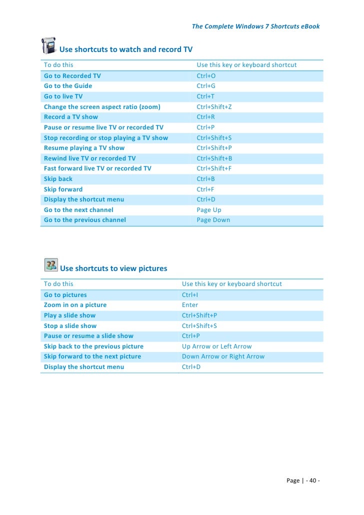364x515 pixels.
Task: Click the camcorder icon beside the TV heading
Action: (x=48, y=45)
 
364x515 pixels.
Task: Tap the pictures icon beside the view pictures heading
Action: (x=50, y=264)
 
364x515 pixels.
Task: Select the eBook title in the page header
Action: (x=255, y=26)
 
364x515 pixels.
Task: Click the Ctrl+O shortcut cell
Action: (x=206, y=76)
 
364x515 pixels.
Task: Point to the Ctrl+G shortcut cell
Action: (x=206, y=86)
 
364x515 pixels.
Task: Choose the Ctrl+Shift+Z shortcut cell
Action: (x=214, y=107)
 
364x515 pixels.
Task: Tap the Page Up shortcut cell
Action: (x=209, y=210)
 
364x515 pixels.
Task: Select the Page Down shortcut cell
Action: (x=213, y=220)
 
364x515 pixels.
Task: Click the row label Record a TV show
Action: (x=71, y=117)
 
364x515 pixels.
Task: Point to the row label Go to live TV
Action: (x=63, y=96)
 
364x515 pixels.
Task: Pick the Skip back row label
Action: (x=58, y=179)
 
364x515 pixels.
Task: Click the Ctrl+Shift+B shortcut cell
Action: (x=214, y=158)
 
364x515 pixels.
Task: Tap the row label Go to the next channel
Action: (x=78, y=210)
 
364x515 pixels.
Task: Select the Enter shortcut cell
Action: (x=190, y=305)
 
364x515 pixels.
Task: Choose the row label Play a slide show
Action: (x=69, y=315)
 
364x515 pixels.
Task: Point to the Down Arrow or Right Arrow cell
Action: (x=223, y=356)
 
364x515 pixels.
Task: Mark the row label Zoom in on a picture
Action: (x=75, y=305)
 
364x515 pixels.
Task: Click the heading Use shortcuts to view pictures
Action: (x=113, y=268)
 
